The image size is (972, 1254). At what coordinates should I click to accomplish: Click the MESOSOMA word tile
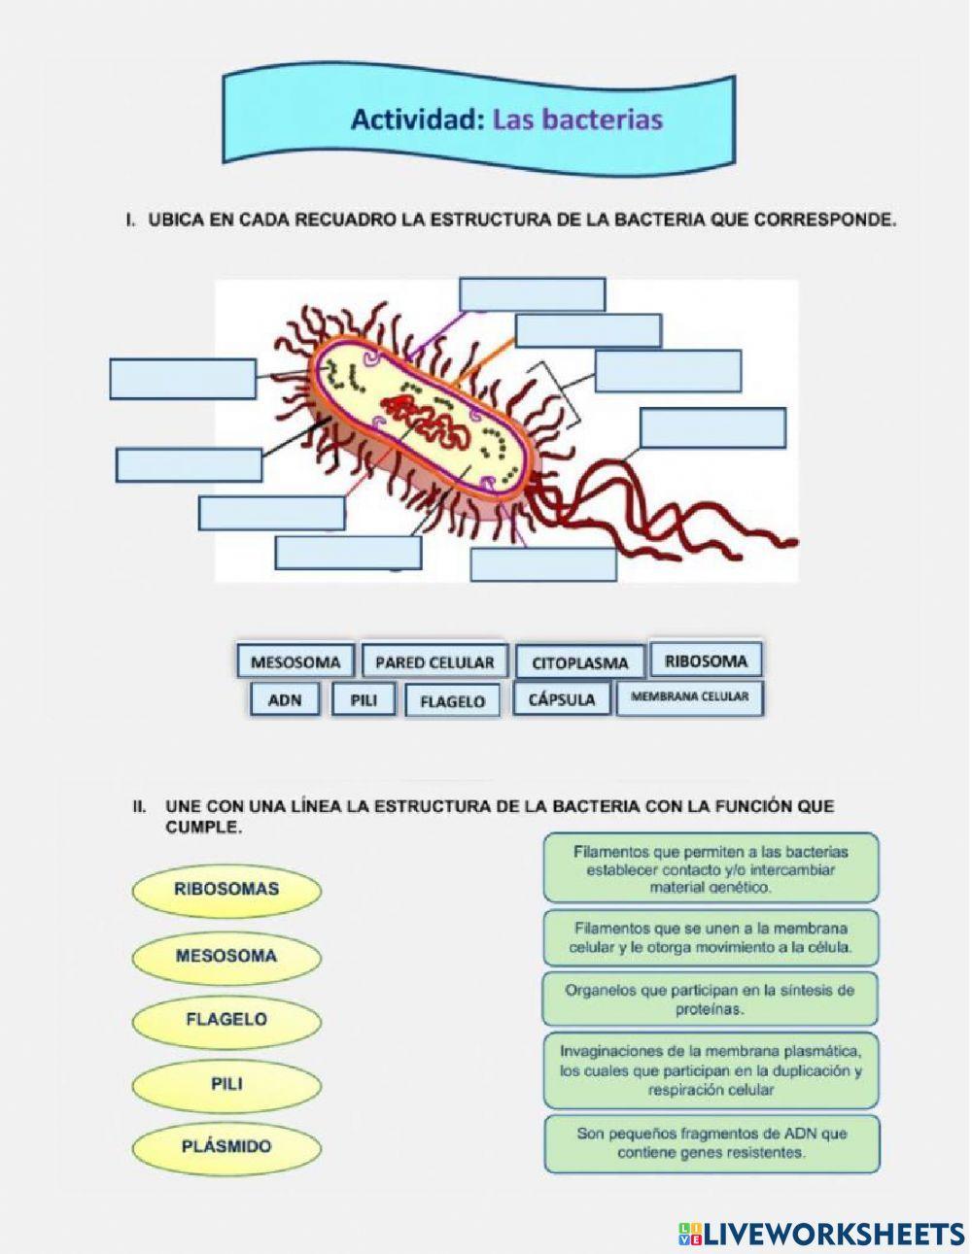[x=295, y=663]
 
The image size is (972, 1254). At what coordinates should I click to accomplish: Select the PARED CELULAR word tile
[x=434, y=663]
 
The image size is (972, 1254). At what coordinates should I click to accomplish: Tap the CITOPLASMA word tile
[x=580, y=664]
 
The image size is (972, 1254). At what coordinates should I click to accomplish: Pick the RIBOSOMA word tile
[x=706, y=661]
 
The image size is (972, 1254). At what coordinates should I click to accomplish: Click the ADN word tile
[x=285, y=700]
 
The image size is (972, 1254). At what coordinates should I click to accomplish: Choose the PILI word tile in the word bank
[x=364, y=700]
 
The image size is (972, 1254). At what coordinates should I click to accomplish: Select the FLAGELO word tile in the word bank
[x=452, y=701]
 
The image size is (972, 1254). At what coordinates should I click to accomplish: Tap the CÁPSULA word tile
[x=562, y=699]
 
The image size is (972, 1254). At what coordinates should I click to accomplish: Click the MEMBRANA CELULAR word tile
[x=690, y=697]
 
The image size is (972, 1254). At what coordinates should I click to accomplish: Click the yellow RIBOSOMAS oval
[x=226, y=889]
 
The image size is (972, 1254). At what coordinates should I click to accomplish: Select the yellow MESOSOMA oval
[x=226, y=956]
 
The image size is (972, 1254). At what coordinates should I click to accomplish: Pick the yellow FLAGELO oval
[x=226, y=1020]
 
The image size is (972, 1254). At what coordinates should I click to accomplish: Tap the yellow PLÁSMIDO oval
[x=226, y=1147]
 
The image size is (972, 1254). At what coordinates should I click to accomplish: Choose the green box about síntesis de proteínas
[x=711, y=1000]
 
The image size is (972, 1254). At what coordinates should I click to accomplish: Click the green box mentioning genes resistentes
[x=711, y=1143]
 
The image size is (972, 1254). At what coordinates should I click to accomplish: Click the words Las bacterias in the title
[x=577, y=120]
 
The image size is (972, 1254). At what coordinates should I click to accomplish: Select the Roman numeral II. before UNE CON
[x=140, y=806]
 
